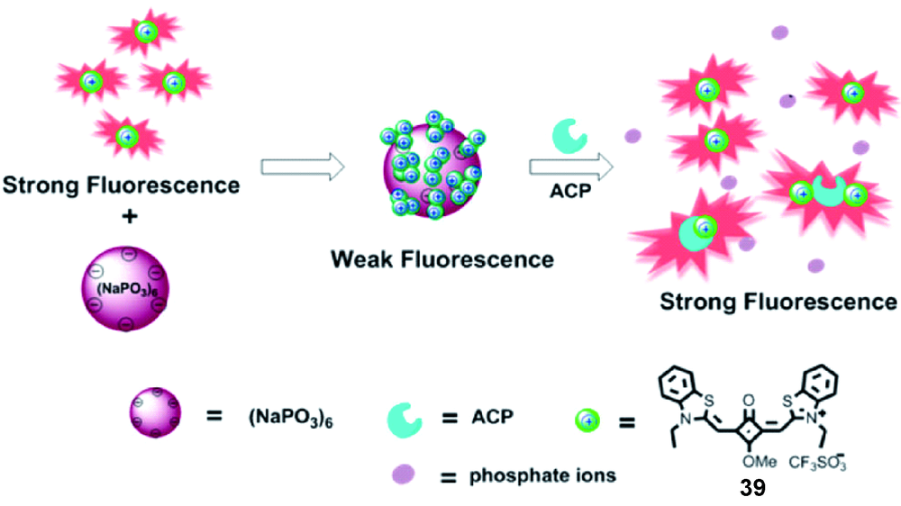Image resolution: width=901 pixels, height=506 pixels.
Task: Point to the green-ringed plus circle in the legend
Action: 587,418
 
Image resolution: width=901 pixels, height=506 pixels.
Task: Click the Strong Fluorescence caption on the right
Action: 778,301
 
